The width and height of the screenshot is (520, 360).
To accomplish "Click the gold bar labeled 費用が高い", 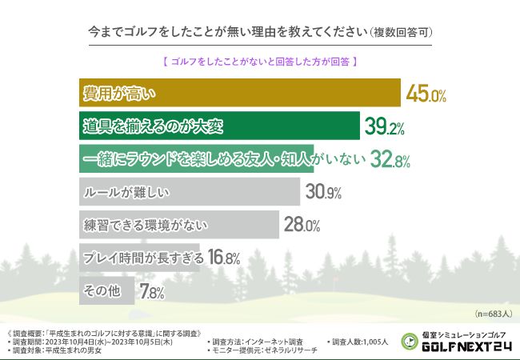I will (x=240, y=93).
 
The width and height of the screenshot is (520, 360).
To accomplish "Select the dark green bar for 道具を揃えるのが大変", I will (x=220, y=126).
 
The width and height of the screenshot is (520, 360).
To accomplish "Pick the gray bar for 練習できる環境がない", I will (x=179, y=225).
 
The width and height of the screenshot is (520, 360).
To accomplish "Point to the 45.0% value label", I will (x=426, y=94).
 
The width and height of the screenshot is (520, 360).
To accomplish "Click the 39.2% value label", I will (x=385, y=126).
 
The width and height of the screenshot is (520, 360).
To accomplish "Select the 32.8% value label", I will (x=390, y=160).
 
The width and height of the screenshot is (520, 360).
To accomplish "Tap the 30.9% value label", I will (x=323, y=193).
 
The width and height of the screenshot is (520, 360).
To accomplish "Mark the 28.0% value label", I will (x=302, y=226).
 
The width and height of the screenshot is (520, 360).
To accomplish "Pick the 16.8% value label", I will (x=224, y=258).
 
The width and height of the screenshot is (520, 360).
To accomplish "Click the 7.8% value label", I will (x=151, y=292).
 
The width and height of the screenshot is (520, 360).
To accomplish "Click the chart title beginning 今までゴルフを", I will (x=260, y=33).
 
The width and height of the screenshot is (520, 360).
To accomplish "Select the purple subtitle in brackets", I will (x=260, y=60).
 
